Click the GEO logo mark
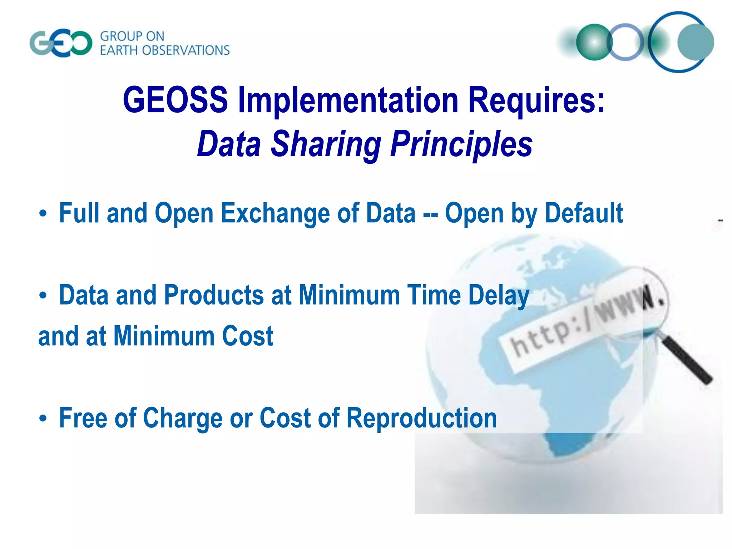tap(61, 44)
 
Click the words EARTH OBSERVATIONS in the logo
tap(165, 50)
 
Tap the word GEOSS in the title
tap(175, 100)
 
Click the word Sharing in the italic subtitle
tap(326, 144)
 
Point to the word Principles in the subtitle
tap(461, 144)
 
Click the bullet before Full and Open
tap(43, 214)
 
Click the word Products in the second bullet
tap(214, 295)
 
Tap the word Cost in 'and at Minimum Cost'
tap(247, 336)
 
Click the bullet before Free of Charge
tap(43, 419)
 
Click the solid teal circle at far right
tap(696, 42)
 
